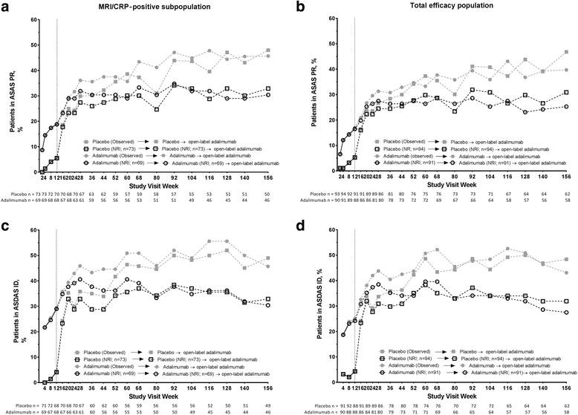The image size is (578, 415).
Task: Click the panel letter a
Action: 6,7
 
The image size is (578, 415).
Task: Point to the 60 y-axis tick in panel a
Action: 36,19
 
